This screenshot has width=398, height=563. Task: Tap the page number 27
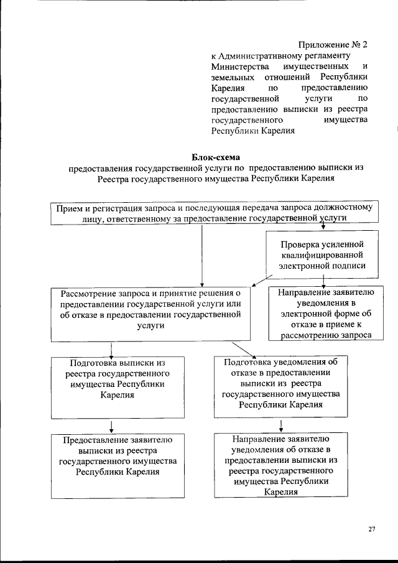pyautogui.click(x=371, y=529)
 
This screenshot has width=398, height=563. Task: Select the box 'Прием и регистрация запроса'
pyautogui.click(x=213, y=213)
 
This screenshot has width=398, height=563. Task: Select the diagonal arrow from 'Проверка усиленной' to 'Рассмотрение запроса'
pyautogui.click(x=261, y=279)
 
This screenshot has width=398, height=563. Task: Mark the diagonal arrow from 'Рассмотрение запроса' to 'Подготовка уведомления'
pyautogui.click(x=241, y=348)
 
